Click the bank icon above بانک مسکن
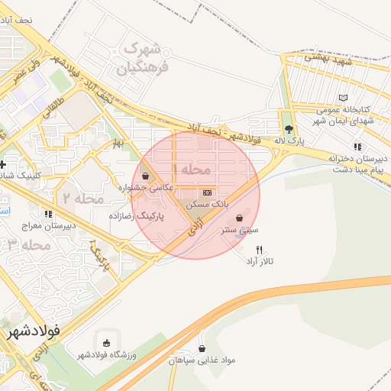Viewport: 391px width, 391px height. pos(207,192)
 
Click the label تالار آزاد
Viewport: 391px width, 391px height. pos(260,262)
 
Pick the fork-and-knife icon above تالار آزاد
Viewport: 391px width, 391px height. pos(260,250)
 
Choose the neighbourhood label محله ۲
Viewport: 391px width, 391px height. pos(82,197)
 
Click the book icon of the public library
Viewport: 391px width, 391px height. pos(344,98)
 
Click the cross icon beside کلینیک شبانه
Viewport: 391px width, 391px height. pos(4,165)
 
